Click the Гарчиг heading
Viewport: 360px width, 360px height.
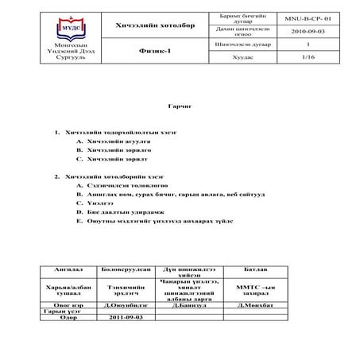180,105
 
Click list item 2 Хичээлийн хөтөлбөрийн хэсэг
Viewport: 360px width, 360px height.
110,176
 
